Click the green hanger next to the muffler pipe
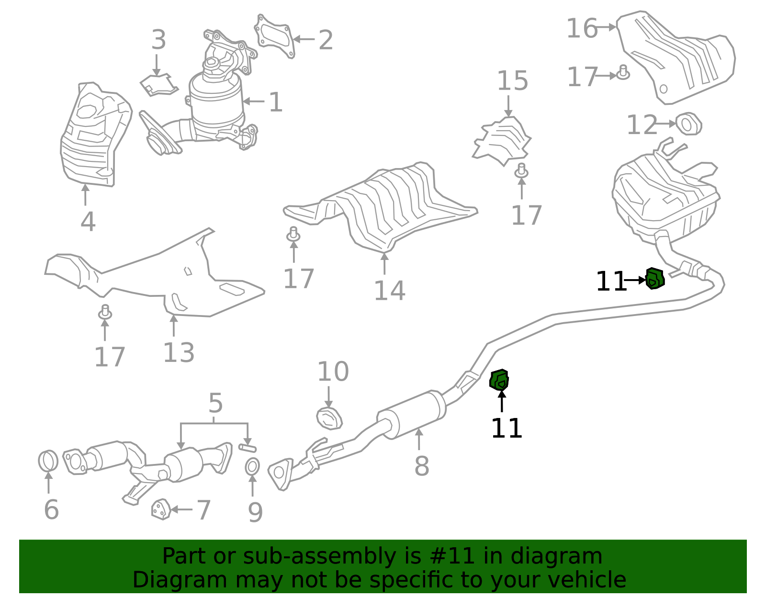(655, 279)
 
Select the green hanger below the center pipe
(499, 380)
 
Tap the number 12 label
(642, 125)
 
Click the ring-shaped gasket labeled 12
(689, 124)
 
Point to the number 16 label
(582, 29)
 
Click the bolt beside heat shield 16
(622, 73)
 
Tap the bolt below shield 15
(521, 170)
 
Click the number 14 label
(389, 291)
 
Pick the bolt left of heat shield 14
(293, 235)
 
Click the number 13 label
(179, 353)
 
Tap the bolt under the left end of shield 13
(105, 313)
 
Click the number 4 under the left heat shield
(88, 222)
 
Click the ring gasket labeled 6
(48, 461)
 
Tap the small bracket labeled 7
(161, 509)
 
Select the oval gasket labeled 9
(252, 466)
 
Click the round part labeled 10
(329, 418)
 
